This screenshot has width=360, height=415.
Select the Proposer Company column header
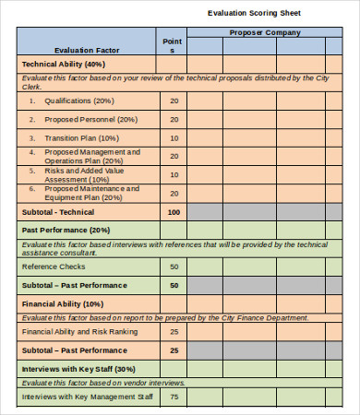click(x=264, y=33)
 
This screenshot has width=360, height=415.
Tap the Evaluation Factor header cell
click(x=86, y=50)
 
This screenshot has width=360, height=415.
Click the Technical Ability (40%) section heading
click(x=64, y=65)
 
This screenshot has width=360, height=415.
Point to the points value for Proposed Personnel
click(x=174, y=119)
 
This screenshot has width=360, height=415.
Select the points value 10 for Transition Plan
click(x=174, y=137)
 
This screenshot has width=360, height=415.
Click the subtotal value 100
click(x=173, y=212)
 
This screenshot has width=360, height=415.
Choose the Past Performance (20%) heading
click(x=66, y=230)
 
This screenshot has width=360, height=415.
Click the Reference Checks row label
click(x=54, y=267)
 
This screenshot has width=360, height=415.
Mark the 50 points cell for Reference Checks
click(x=174, y=267)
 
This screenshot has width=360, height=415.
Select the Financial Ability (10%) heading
click(x=63, y=302)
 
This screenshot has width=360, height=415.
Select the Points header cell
click(x=173, y=46)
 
